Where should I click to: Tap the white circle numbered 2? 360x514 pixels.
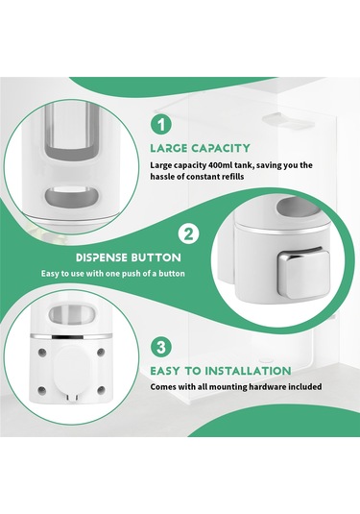coord(188,234)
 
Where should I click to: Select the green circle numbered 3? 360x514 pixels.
coord(161,347)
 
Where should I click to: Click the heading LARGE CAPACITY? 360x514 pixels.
coord(200,148)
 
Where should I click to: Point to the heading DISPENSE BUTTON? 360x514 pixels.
coord(128,257)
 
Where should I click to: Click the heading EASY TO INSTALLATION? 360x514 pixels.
coord(221,371)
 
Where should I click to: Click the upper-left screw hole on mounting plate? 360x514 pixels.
coord(42,353)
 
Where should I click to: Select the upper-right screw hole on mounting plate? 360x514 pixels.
coord(101,353)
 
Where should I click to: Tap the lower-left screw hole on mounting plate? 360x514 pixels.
coord(42,390)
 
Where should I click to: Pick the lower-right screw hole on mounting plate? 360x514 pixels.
coord(101,390)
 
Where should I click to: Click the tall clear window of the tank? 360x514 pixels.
coord(71,131)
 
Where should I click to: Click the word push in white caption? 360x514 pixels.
coord(131,274)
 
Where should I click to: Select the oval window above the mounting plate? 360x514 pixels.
coord(72,314)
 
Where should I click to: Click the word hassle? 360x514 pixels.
coord(161,177)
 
